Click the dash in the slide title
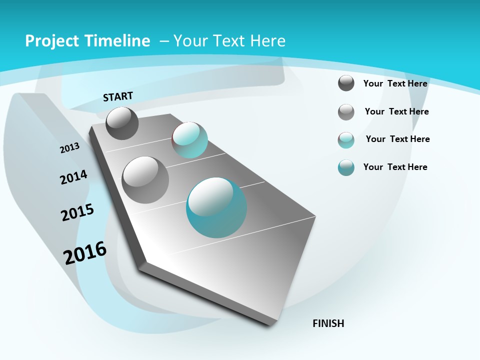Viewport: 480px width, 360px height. tap(164, 41)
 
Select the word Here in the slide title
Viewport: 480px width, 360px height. tap(268, 41)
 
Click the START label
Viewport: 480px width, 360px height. tap(118, 96)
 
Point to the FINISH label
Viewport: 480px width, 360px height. tap(328, 323)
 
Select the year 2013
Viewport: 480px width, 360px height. tap(69, 148)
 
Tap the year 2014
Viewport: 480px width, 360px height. tap(73, 177)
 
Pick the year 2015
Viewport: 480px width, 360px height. tap(77, 212)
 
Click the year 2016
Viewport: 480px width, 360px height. tap(85, 252)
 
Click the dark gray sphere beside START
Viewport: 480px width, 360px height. tap(122, 123)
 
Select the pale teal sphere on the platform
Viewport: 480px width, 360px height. tap(189, 139)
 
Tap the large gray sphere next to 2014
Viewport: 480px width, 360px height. tap(145, 179)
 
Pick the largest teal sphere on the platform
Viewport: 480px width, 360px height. tap(216, 207)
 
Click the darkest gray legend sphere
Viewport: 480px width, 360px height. tap(346, 83)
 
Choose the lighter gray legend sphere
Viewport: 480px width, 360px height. tap(346, 112)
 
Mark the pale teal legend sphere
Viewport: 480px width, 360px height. tap(346, 140)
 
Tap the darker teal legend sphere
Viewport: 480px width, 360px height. tap(346, 167)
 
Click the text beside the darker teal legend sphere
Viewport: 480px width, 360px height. tap(395, 167)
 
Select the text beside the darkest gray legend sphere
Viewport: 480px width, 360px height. tap(395, 83)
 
